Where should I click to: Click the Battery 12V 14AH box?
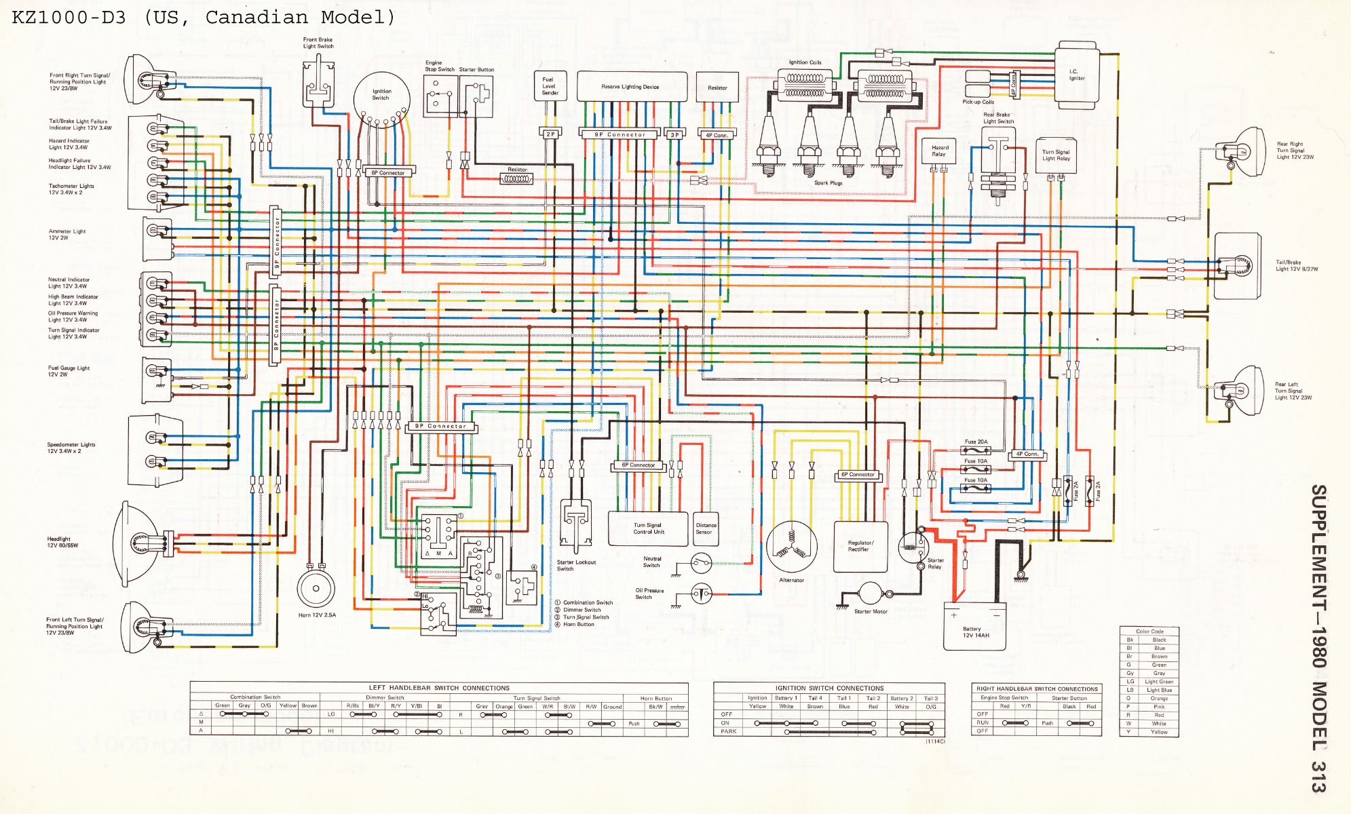(x=975, y=626)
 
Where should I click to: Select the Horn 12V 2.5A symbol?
(x=316, y=588)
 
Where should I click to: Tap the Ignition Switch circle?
(x=381, y=99)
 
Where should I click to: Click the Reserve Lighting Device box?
(x=631, y=87)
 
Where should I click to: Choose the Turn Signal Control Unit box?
(x=648, y=528)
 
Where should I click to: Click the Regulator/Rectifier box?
(x=860, y=546)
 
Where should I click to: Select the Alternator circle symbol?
(x=791, y=547)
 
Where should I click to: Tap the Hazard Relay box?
(x=940, y=151)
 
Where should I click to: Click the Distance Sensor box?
(x=706, y=528)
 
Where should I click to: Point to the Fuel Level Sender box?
(x=549, y=86)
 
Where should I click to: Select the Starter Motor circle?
(x=870, y=593)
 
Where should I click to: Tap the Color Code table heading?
(x=1149, y=631)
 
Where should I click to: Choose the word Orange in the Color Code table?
(x=1159, y=698)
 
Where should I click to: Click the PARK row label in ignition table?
(x=728, y=731)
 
